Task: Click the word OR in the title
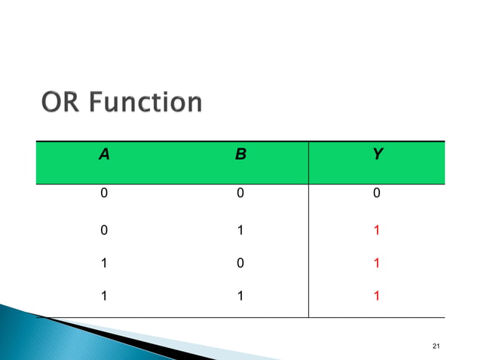tap(58, 102)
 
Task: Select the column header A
tap(104, 156)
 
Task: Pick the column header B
tap(240, 156)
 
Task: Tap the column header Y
tap(377, 156)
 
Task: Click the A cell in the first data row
tap(104, 194)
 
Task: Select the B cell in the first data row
tap(240, 194)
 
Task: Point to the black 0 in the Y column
tap(377, 194)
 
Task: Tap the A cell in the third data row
tap(104, 265)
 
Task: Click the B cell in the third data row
tap(240, 265)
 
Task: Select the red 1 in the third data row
tap(377, 265)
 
